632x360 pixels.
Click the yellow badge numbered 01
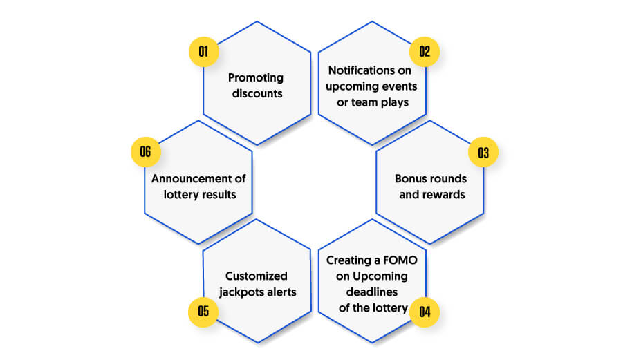click(x=203, y=52)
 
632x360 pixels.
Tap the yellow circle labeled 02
click(x=425, y=52)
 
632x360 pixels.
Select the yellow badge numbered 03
click(x=483, y=152)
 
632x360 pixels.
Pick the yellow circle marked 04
click(x=425, y=312)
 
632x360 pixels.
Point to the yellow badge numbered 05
click(x=203, y=312)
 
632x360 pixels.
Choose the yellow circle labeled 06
click(x=146, y=152)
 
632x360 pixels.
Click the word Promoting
click(x=256, y=78)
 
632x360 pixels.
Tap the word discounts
click(x=257, y=93)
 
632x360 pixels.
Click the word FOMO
click(x=400, y=260)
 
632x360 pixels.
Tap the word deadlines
click(x=371, y=292)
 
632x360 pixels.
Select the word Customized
click(x=257, y=276)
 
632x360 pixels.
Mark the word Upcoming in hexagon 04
click(x=380, y=277)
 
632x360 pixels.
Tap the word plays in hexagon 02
click(x=394, y=103)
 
